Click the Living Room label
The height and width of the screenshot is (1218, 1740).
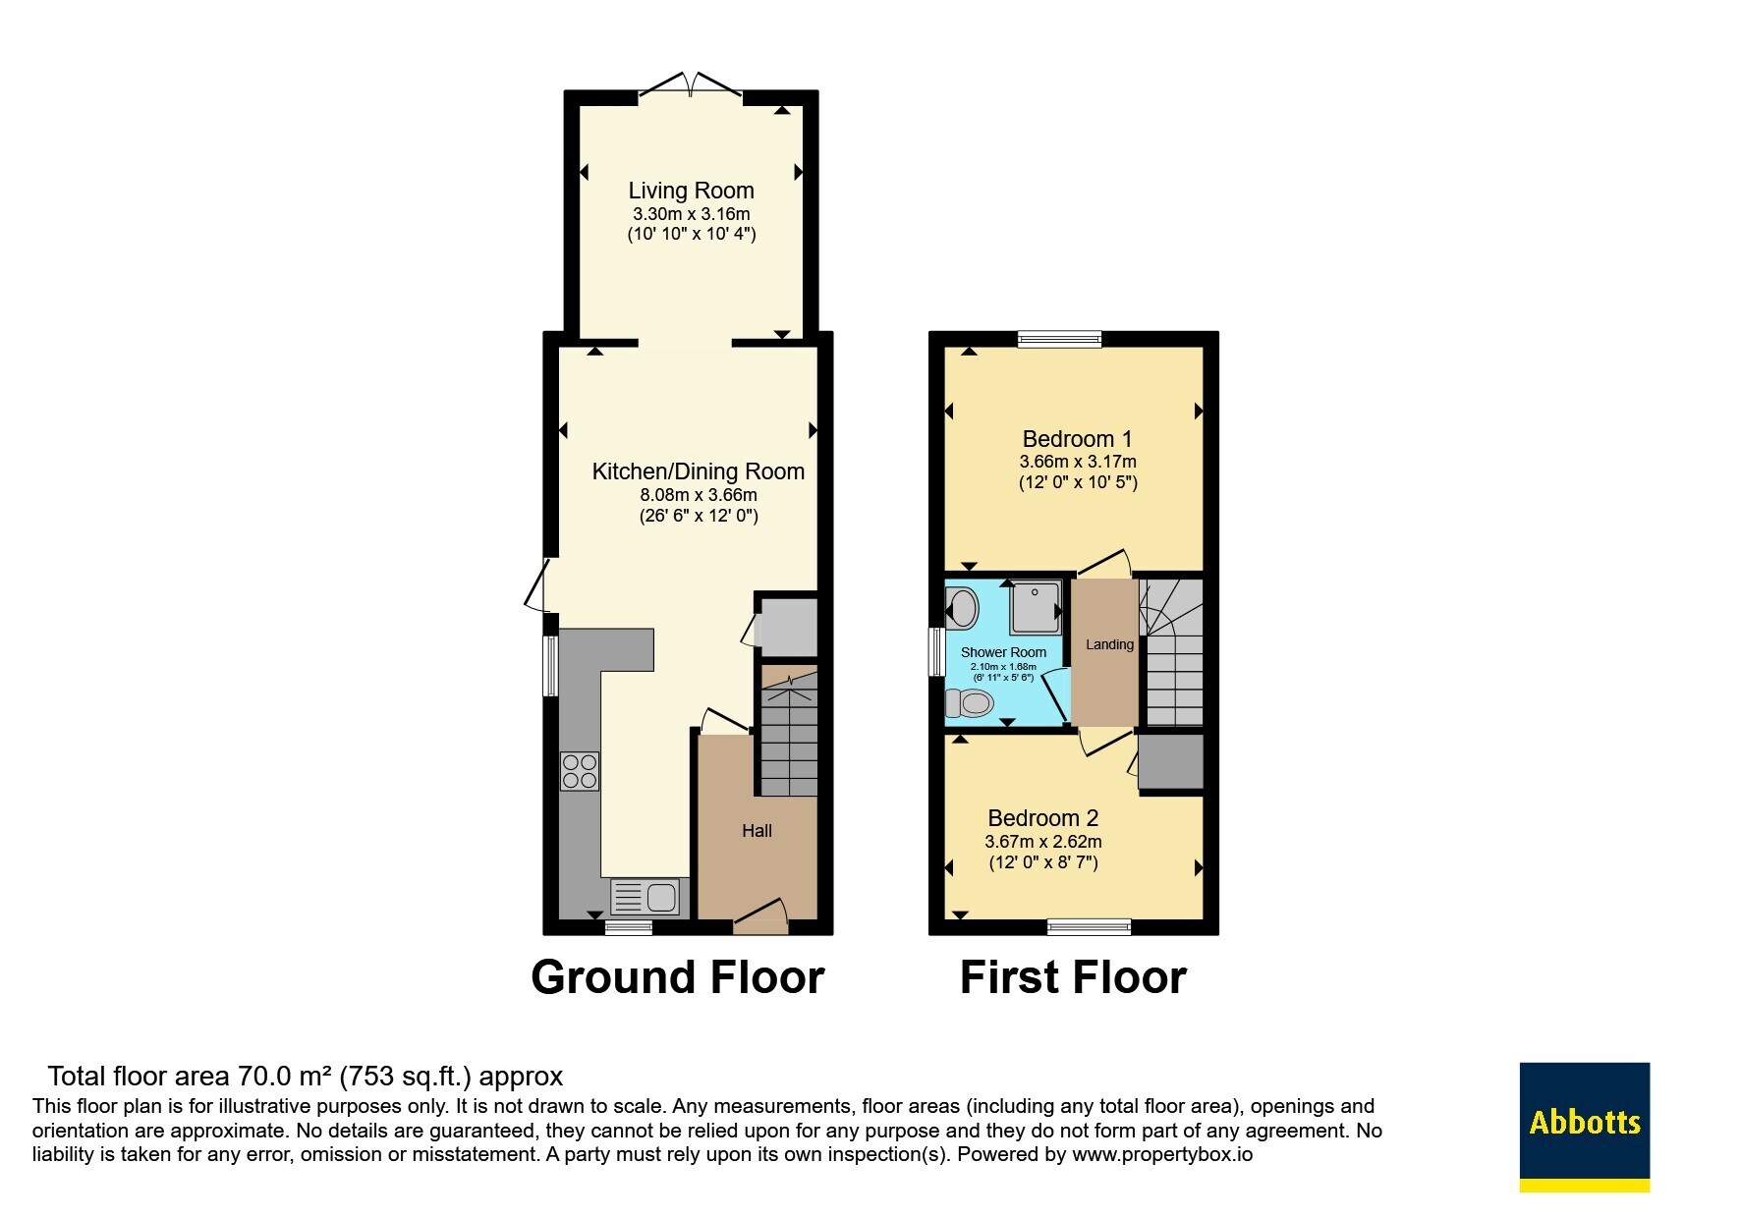point(691,191)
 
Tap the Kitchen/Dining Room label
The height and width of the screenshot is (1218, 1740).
point(698,471)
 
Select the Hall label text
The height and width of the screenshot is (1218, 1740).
point(757,831)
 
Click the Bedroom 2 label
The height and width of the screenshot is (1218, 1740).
point(1042,818)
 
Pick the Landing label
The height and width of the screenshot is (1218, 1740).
point(1109,644)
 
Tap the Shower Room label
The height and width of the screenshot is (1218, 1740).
point(1003,652)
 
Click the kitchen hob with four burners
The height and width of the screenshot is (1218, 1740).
point(580,771)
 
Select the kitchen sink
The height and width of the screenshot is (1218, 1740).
point(645,897)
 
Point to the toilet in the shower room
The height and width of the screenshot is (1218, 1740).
point(969,703)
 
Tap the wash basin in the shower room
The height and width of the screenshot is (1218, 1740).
point(961,608)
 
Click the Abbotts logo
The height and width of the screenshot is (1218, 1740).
point(1584,1127)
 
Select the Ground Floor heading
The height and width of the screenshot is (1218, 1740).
point(677,977)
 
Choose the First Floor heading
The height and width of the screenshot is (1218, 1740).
point(1073,977)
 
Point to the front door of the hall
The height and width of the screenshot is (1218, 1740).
point(761,916)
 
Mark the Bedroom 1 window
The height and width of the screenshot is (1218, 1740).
point(1059,339)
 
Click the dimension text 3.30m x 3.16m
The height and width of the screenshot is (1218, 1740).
point(691,214)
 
